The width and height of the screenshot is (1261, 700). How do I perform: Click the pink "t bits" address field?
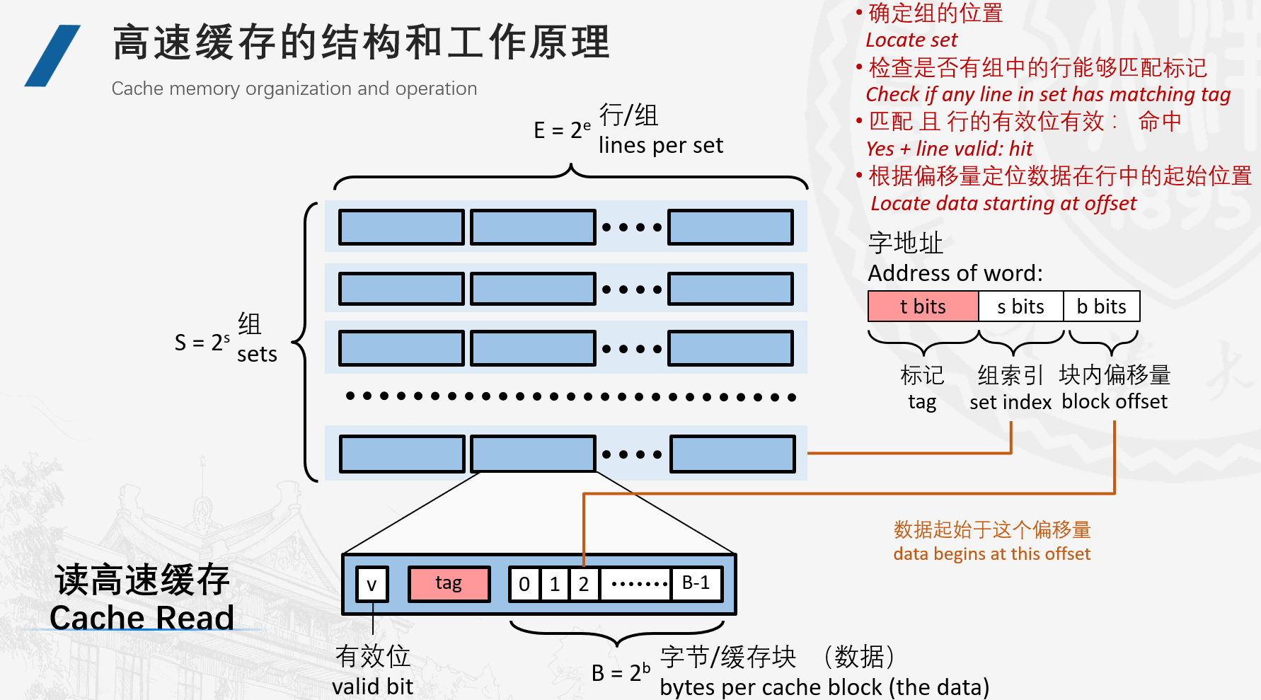click(923, 306)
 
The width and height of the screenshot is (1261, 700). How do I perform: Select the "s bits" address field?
click(1020, 306)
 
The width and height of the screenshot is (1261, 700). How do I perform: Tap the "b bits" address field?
click(1101, 306)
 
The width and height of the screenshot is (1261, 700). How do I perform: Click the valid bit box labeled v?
click(372, 585)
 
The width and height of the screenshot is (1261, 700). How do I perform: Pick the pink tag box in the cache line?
click(449, 583)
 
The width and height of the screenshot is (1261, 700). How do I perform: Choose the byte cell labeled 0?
click(524, 584)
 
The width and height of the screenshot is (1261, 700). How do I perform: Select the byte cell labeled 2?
click(584, 584)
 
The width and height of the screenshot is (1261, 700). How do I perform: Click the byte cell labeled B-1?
click(696, 583)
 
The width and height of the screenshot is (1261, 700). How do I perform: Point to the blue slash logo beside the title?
click(52, 56)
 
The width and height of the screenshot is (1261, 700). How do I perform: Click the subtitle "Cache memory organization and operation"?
click(294, 88)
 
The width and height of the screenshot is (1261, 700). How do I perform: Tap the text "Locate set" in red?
click(911, 40)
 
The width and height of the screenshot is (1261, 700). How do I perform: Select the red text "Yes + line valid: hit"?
click(949, 149)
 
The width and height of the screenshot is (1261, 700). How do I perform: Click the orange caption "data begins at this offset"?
click(991, 553)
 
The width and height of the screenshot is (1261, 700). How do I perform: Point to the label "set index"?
click(1010, 402)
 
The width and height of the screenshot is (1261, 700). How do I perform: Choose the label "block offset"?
click(1115, 401)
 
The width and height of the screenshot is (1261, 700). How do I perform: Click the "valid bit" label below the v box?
click(372, 686)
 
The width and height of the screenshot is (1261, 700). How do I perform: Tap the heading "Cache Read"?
click(142, 617)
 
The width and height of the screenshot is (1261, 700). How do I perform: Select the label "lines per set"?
click(661, 145)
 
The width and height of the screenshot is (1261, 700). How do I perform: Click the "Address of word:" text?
click(955, 273)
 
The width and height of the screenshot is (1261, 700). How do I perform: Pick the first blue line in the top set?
click(401, 227)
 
